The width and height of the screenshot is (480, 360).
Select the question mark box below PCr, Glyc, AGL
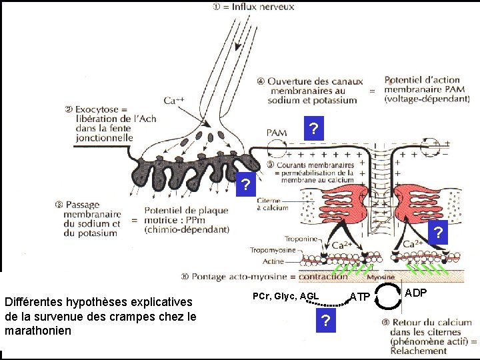[325, 321]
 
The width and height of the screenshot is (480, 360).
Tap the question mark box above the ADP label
[437, 233]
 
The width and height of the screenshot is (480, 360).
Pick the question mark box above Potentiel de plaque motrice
[246, 184]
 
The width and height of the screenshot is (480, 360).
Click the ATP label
[360, 296]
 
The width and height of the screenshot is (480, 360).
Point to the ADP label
[417, 293]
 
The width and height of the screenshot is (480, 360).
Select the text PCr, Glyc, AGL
[286, 296]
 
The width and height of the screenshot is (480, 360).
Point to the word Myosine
[381, 277]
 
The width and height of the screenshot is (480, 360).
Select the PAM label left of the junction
[277, 133]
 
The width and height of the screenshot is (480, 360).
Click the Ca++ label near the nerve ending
[175, 101]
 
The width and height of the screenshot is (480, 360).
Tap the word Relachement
[420, 350]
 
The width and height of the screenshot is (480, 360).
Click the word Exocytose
[97, 109]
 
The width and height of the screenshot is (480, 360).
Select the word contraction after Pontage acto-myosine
[323, 276]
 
